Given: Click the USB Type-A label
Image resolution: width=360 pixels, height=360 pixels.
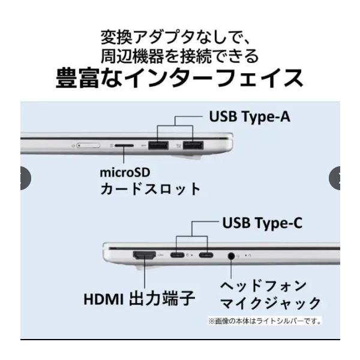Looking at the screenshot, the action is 250,117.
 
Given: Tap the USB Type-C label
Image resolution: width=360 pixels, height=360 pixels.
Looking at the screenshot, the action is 262,223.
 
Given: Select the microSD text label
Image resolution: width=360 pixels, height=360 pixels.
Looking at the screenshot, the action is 125,173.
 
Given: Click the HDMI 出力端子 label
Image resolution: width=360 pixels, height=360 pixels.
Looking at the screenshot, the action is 139,298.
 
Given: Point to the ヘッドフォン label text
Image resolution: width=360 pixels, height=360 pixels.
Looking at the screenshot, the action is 263,286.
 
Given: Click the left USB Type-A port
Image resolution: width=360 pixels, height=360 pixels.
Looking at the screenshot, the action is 158,146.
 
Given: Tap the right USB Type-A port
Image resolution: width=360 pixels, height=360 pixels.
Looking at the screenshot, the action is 193,146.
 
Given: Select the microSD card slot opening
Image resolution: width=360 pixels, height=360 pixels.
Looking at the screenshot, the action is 124,146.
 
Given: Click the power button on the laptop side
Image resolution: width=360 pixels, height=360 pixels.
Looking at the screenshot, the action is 88,146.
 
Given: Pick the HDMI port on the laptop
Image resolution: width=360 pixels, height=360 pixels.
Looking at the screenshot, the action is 145,255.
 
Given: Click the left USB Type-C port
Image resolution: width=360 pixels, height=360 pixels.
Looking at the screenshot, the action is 177,255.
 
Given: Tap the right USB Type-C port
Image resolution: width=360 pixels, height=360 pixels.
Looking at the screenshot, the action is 206,255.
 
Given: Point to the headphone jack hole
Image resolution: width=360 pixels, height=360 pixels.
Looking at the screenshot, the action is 231,256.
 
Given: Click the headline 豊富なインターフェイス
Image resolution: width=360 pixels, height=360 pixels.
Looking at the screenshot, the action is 179,79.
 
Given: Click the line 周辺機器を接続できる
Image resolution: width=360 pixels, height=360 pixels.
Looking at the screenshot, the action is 180,56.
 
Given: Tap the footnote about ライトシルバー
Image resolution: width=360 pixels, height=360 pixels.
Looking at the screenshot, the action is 265,321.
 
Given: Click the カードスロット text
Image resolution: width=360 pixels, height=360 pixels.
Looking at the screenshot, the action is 150,189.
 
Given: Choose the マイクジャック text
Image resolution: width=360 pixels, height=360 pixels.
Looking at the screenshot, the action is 271,303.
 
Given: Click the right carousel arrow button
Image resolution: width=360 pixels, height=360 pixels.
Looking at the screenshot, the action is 335,178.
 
